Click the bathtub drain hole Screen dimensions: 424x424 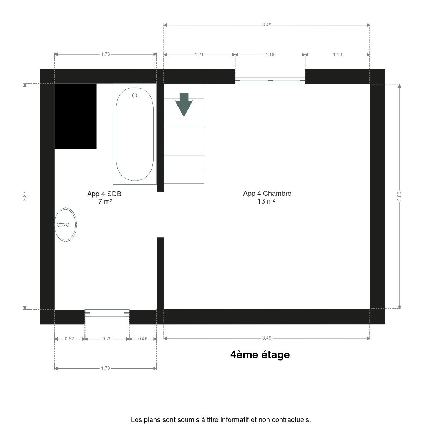[x=135, y=96]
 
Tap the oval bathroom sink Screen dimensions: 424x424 [x=66, y=224]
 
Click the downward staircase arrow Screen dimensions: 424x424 [x=184, y=104]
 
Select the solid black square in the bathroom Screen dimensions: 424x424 [x=75, y=116]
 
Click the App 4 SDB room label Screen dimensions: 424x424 [x=104, y=194]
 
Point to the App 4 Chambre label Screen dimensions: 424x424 [x=267, y=194]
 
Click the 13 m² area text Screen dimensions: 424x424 [x=266, y=201]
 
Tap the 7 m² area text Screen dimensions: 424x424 [x=105, y=202]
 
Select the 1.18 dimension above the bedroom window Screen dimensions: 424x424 [x=270, y=55]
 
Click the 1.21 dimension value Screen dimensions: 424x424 [x=199, y=55]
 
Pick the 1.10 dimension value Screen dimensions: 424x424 [x=338, y=55]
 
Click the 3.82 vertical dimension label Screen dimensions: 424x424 [x=25, y=197]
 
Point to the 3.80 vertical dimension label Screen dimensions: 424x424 [x=399, y=196]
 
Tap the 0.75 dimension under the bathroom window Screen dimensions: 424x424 [x=107, y=339]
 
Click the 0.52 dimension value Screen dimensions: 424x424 [x=70, y=339]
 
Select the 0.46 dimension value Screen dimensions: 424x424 [x=143, y=339]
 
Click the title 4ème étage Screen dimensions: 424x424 [x=260, y=355]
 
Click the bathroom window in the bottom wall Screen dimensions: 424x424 [x=107, y=313]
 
